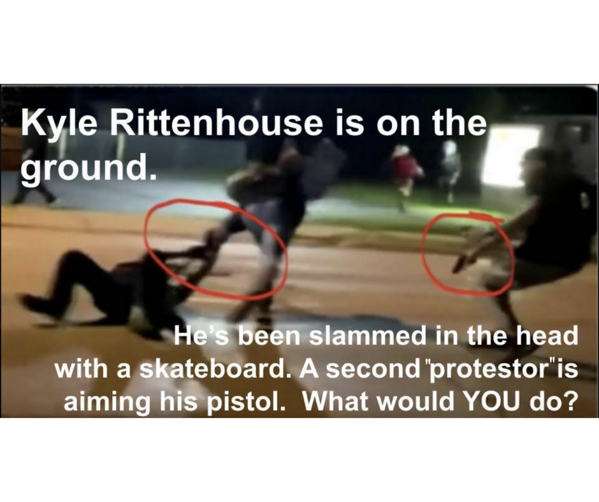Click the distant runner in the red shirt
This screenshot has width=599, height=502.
[x=407, y=174]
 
